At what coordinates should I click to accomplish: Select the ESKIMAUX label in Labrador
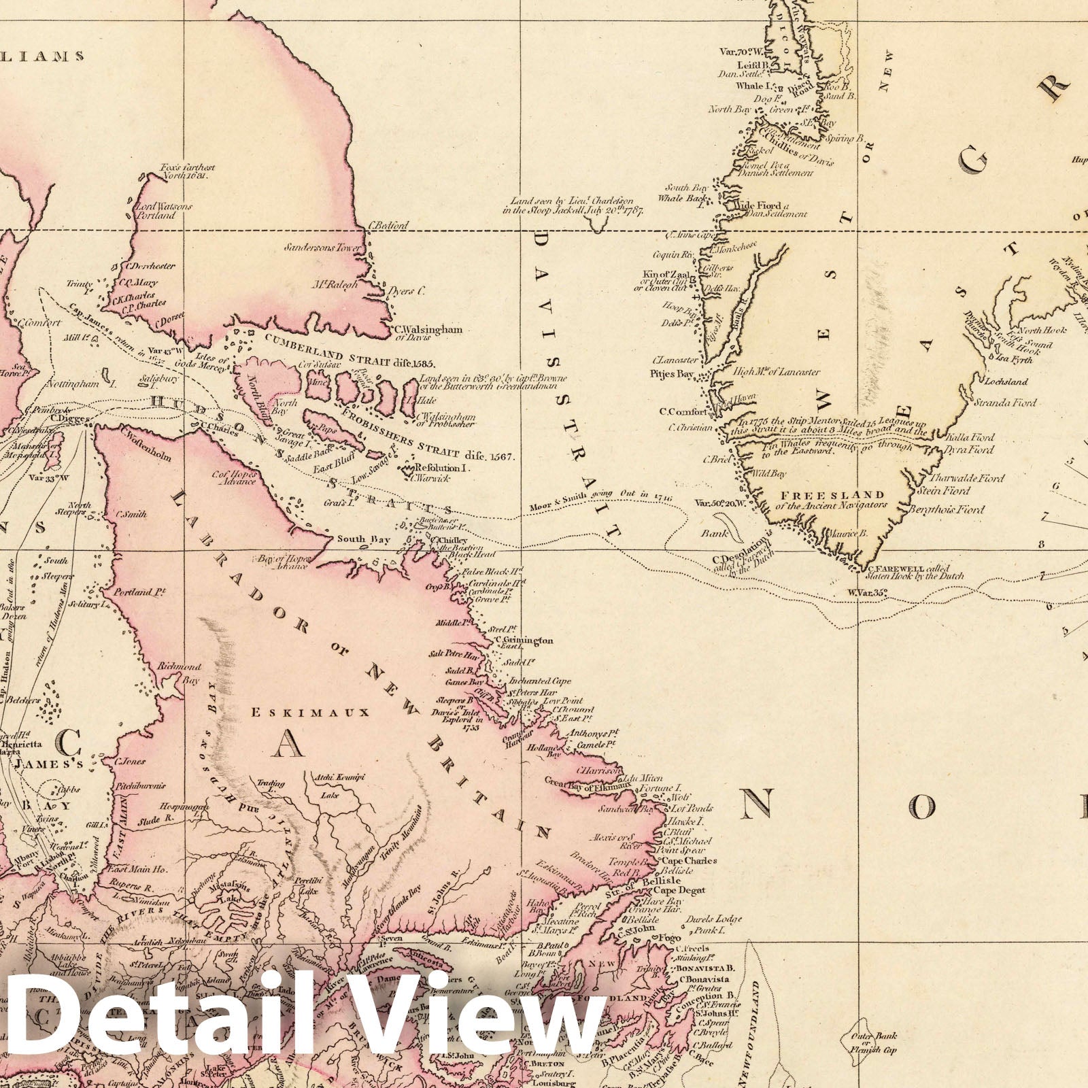click(309, 713)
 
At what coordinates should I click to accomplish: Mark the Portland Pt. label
click(141, 592)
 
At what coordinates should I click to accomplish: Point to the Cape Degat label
click(679, 890)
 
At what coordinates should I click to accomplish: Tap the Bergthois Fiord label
click(951, 509)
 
